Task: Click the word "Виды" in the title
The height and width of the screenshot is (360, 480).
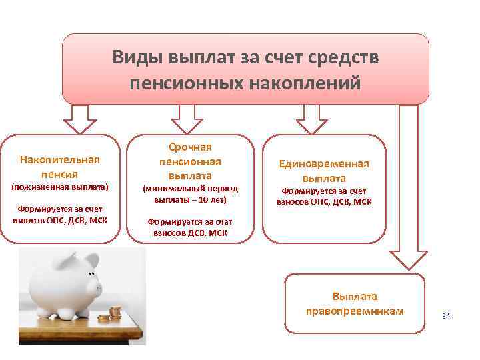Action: [135, 57]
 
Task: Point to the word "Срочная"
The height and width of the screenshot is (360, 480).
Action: [190, 147]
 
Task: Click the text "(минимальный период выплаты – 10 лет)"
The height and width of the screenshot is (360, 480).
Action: [191, 194]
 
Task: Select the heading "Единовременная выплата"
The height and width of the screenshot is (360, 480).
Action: [325, 171]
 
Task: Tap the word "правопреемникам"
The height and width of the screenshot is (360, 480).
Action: [355, 311]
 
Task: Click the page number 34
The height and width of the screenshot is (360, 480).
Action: [446, 315]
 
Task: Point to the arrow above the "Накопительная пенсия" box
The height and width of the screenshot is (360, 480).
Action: [79, 121]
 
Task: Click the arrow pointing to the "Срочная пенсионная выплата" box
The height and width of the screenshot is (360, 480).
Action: [187, 119]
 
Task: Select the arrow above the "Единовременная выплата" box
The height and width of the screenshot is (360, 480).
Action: [311, 119]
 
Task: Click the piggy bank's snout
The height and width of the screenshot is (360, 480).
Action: [99, 288]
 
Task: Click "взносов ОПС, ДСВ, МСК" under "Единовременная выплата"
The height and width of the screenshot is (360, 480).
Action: [325, 201]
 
